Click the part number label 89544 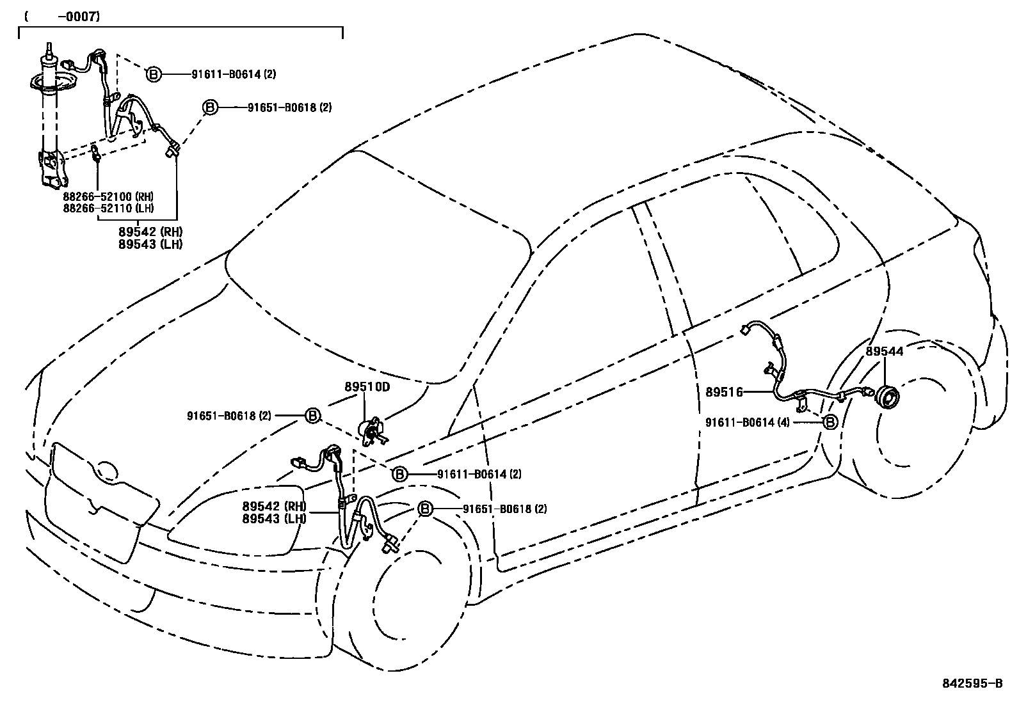pyautogui.click(x=885, y=351)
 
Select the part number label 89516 pyautogui.click(x=724, y=392)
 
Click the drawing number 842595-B pyautogui.click(x=972, y=683)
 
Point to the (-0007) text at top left pyautogui.click(x=62, y=17)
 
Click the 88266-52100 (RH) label pyautogui.click(x=108, y=196)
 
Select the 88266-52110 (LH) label pyautogui.click(x=108, y=208)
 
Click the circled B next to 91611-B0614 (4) pyautogui.click(x=830, y=423)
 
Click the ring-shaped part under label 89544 pyautogui.click(x=887, y=397)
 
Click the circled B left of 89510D pyautogui.click(x=312, y=416)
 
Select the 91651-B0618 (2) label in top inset pyautogui.click(x=289, y=107)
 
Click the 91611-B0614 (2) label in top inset pyautogui.click(x=234, y=74)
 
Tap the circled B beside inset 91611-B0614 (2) pyautogui.click(x=154, y=74)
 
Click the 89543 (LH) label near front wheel pyautogui.click(x=274, y=519)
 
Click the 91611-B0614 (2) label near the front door pyautogui.click(x=479, y=474)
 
